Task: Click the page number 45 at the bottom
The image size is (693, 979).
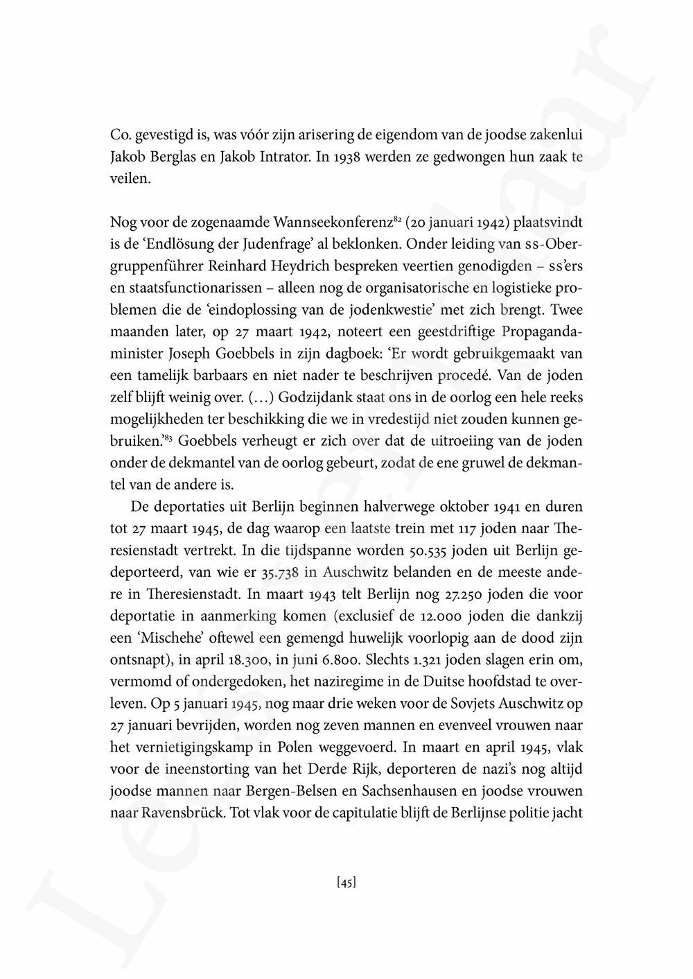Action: click(346, 883)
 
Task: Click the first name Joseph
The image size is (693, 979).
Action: click(189, 354)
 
